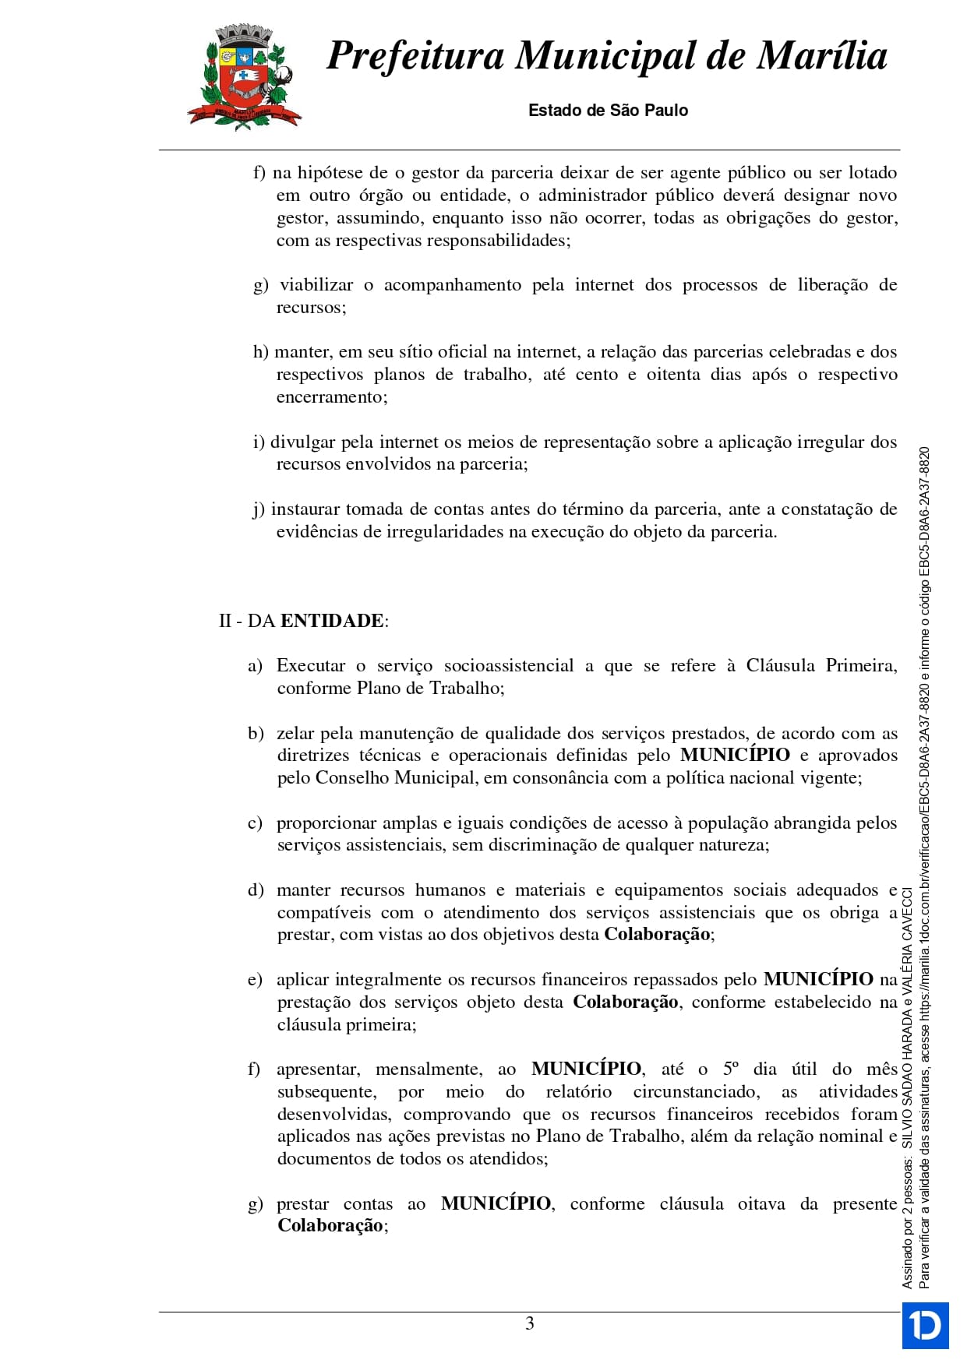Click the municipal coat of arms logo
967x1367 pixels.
pos(243,76)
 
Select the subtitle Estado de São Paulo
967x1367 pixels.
pos(608,111)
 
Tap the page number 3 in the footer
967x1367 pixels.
pos(530,1323)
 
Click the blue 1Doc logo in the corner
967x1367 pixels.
pos(925,1325)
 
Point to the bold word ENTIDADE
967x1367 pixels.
pos(332,621)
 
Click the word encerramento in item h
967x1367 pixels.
pos(330,397)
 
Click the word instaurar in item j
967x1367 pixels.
pos(305,509)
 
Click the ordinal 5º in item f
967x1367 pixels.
pos(731,1069)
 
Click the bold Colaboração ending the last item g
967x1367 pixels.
pos(330,1226)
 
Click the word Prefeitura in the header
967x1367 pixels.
pos(415,56)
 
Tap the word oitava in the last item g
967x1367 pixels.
pos(761,1204)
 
